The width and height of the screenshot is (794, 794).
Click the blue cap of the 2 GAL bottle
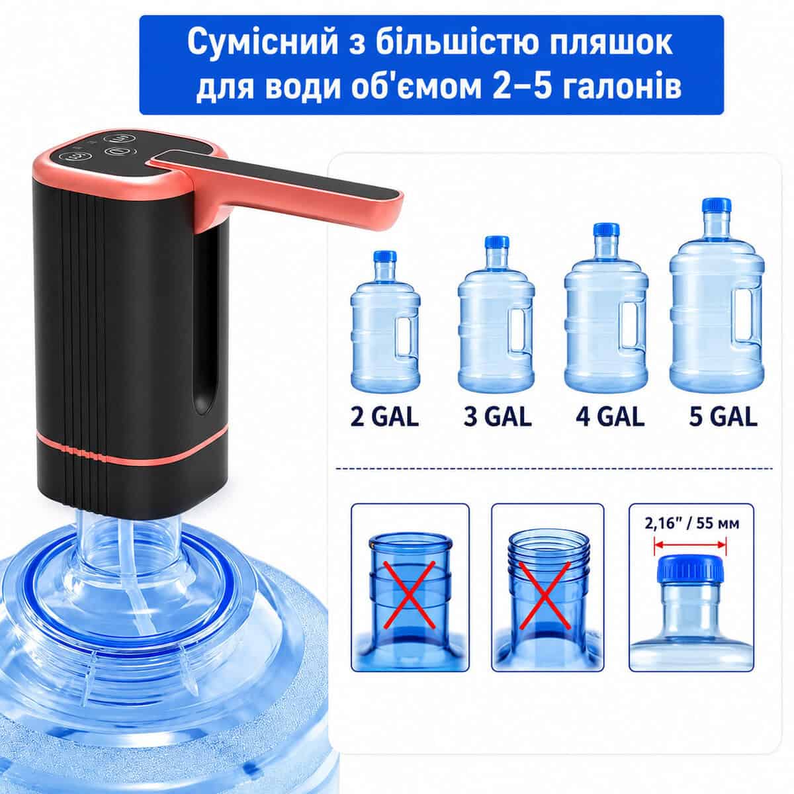pyautogui.click(x=385, y=257)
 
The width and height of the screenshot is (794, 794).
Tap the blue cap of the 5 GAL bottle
pyautogui.click(x=717, y=205)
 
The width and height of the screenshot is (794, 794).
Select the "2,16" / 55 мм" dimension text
pyautogui.click(x=692, y=523)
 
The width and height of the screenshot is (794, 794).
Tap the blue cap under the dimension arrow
pyautogui.click(x=691, y=570)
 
